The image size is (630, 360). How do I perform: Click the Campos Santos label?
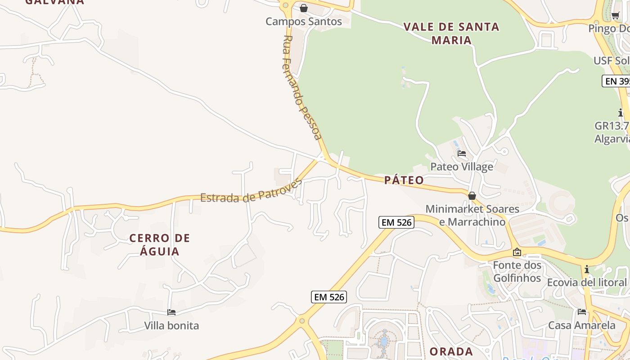304,21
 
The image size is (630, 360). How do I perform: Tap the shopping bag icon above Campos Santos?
304,8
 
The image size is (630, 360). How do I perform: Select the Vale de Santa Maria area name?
451,33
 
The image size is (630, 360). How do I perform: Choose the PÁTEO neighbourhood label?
404,180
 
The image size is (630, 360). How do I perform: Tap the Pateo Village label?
462,167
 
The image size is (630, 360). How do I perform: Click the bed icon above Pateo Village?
462,153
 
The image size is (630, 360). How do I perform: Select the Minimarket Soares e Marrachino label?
472,215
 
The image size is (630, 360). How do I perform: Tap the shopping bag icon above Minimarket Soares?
472,196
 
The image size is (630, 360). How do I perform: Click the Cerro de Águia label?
160,244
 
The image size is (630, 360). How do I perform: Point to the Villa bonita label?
171,325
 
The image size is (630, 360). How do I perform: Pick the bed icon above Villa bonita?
171,312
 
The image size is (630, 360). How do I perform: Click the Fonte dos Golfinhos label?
517,271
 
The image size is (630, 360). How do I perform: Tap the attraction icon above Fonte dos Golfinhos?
517,252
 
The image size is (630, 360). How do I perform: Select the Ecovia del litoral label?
587,283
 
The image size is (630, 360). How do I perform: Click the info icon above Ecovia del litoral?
587,270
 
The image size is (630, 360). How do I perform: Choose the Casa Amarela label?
582,325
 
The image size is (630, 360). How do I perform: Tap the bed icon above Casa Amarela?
582,311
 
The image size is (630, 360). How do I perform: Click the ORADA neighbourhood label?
451,351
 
